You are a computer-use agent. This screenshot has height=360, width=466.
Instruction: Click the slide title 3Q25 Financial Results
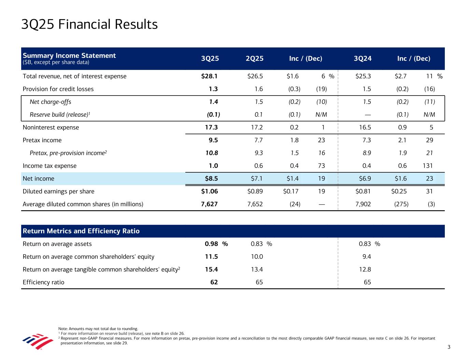click(89, 25)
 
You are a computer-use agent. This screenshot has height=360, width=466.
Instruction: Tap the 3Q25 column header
click(210, 58)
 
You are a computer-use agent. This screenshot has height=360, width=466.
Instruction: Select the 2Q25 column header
click(255, 58)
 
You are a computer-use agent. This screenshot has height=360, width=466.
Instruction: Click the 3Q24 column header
click(363, 58)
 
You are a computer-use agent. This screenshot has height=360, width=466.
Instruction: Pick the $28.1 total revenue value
click(210, 76)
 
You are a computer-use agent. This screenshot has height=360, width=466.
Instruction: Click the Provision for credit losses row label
click(58, 89)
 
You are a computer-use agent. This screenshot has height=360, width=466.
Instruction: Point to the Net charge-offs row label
click(51, 102)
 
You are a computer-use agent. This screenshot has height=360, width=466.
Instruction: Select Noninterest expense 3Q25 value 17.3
click(211, 127)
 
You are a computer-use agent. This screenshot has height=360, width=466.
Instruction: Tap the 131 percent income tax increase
click(427, 166)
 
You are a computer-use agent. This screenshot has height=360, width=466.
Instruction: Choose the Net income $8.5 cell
click(210, 178)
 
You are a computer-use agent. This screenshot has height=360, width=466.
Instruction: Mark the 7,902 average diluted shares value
click(363, 204)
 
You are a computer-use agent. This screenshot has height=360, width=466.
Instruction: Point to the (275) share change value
click(401, 204)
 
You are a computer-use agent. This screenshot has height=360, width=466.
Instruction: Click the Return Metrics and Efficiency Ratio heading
click(81, 231)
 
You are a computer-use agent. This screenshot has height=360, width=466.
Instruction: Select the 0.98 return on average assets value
click(211, 244)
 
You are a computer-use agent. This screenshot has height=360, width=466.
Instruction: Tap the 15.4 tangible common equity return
click(211, 270)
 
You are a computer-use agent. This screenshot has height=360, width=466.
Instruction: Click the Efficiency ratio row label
click(43, 282)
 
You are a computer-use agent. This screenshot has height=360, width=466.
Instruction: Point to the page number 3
click(449, 347)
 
